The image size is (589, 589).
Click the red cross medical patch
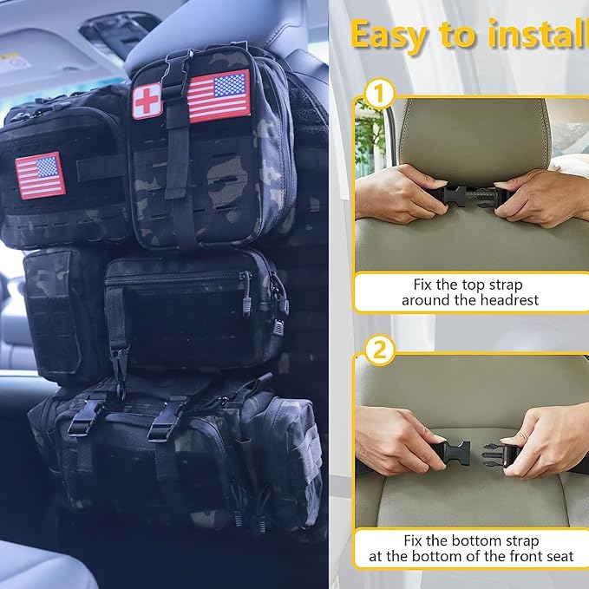(147, 101)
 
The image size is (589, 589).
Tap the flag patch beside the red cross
(219, 95)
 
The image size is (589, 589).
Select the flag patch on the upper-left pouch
(40, 175)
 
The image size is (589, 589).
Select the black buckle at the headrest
(469, 194)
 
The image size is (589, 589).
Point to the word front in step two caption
(520, 556)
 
